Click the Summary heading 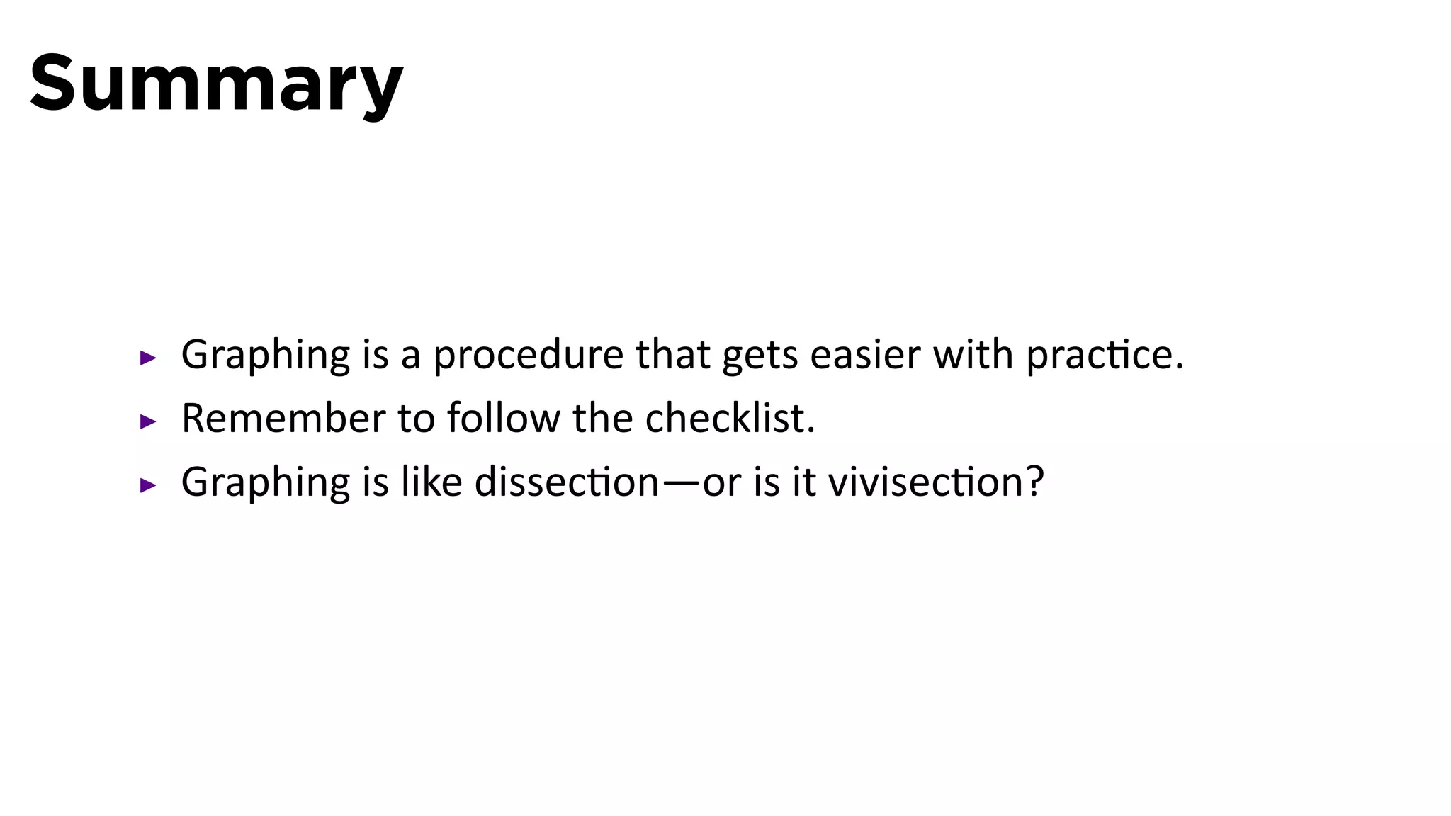216,84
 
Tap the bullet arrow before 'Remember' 147,422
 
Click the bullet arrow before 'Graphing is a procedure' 147,358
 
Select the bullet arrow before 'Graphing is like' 147,485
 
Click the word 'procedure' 528,356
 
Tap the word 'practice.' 1105,356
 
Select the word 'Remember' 283,418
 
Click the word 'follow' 504,418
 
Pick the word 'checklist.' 730,418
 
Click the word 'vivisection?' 936,482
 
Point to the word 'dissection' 567,482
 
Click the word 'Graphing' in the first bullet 266,356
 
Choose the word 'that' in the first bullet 672,354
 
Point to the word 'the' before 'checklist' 602,418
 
